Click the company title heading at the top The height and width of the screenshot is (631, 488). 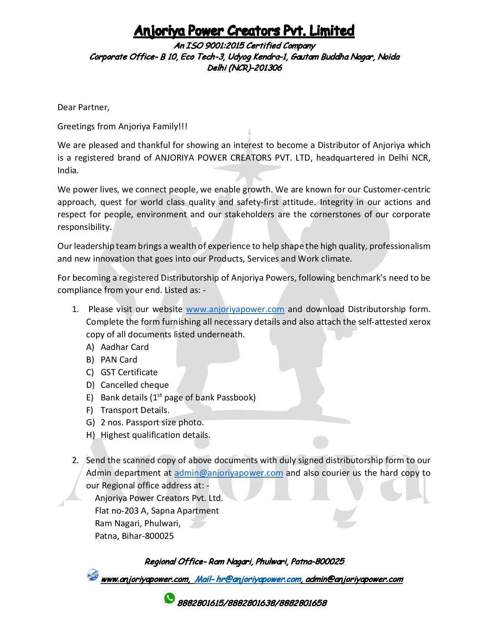point(244,31)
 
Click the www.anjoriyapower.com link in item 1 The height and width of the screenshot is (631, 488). point(235,309)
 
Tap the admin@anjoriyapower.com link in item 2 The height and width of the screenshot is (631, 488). point(228,473)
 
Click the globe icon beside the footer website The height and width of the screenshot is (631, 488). point(93,575)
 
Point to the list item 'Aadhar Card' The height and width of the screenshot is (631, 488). point(124,347)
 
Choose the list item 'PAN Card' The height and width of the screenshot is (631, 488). point(119,359)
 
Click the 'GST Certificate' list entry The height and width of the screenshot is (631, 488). point(129,372)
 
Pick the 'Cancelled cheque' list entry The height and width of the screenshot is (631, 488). point(134,385)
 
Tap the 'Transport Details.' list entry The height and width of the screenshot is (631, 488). point(135,410)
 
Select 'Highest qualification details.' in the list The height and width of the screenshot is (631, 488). point(155,435)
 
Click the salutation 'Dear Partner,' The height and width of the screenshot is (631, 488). point(83,107)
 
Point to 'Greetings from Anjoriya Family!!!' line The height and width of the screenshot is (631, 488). point(122,126)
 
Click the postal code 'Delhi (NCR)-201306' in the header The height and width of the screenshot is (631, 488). point(244,68)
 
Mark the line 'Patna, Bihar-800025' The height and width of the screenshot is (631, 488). point(134,536)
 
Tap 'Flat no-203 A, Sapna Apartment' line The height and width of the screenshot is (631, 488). point(157,511)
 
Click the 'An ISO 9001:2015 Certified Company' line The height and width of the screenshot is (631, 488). point(244,46)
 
